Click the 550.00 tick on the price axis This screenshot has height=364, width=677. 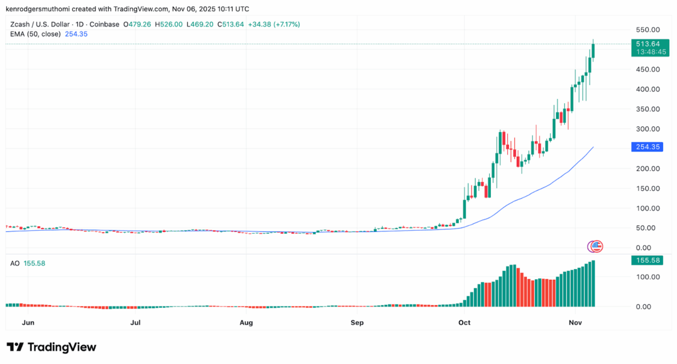[648, 29]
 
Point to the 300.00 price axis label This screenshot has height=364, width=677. [648, 129]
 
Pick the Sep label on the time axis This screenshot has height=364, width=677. [357, 323]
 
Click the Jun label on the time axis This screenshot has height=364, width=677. [28, 323]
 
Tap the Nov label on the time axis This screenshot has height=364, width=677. [575, 323]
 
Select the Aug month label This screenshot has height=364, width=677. [245, 323]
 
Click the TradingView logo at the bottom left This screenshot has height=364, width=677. [51, 347]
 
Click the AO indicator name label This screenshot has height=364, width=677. [15, 264]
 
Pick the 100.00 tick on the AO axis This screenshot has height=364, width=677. [648, 277]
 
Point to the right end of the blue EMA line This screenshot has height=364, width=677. [593, 147]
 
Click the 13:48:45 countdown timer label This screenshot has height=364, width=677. [651, 51]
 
